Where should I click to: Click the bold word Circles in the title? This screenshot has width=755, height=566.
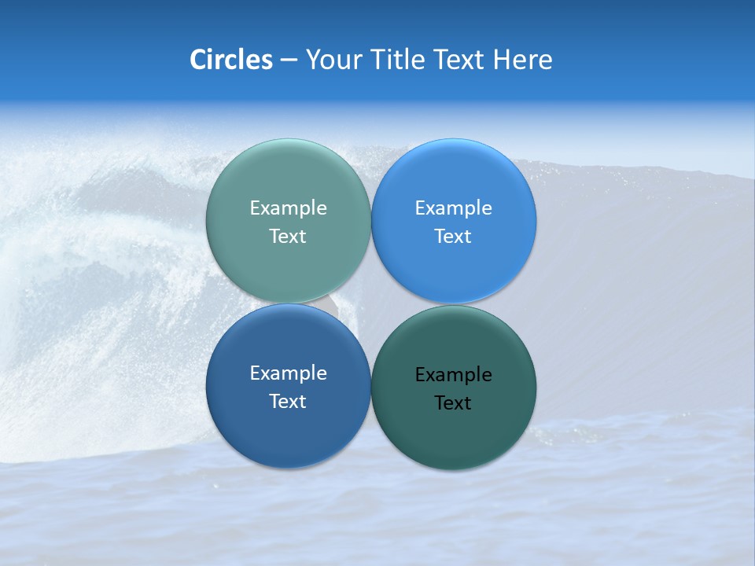pyautogui.click(x=231, y=60)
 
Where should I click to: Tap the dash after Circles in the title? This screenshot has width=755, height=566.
pyautogui.click(x=289, y=61)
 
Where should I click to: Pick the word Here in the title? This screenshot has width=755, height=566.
pyautogui.click(x=522, y=60)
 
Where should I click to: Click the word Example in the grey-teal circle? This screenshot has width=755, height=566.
pyautogui.click(x=288, y=208)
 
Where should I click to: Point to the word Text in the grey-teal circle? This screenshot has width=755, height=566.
pyautogui.click(x=288, y=236)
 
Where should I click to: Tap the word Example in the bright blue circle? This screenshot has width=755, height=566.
pyautogui.click(x=453, y=208)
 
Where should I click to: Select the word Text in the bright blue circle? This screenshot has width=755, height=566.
pyautogui.click(x=453, y=236)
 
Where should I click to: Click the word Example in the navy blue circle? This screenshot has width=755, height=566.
pyautogui.click(x=288, y=373)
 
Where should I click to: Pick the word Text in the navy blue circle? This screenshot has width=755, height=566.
pyautogui.click(x=288, y=401)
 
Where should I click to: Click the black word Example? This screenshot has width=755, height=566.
pyautogui.click(x=453, y=374)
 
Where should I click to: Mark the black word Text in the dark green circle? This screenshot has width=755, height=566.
pyautogui.click(x=453, y=402)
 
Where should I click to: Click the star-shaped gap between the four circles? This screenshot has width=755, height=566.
pyautogui.click(x=370, y=304)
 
